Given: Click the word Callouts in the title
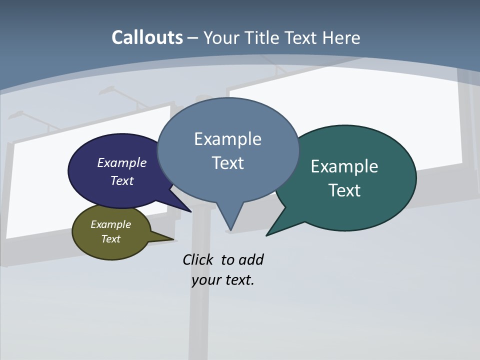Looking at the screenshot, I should point(147,37).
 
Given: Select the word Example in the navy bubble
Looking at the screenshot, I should point(122,162).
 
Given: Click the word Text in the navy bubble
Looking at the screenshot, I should point(122,180).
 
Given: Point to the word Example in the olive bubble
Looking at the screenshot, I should point(110,224).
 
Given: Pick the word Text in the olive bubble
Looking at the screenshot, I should point(110,239).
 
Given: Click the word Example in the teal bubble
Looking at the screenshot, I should point(344,166).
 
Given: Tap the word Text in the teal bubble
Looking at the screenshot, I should point(344,190).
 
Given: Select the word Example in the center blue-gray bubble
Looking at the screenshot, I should point(227,138).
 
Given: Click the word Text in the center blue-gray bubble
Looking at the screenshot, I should point(227,163).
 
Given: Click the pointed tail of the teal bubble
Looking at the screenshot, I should point(270,232).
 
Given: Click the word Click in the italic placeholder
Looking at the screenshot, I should point(198,259).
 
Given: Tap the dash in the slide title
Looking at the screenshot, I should point(193,38).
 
